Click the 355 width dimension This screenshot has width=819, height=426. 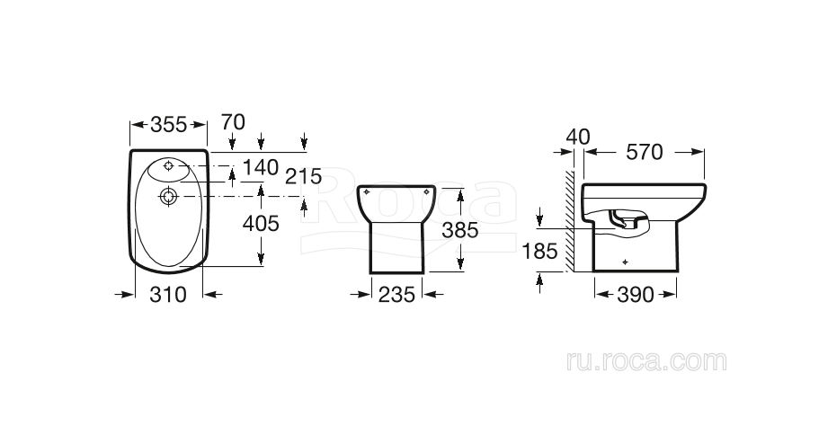click(168, 125)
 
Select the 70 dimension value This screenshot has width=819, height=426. click(233, 122)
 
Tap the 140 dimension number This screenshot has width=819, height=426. click(261, 167)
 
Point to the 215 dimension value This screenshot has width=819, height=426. click(304, 176)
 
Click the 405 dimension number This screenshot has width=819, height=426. click(261, 224)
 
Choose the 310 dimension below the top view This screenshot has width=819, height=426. click(168, 295)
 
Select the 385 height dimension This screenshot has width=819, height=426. click(460, 230)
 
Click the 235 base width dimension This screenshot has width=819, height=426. click(396, 295)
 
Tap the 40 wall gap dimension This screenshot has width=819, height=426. click(578, 137)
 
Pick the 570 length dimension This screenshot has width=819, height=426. click(645, 152)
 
